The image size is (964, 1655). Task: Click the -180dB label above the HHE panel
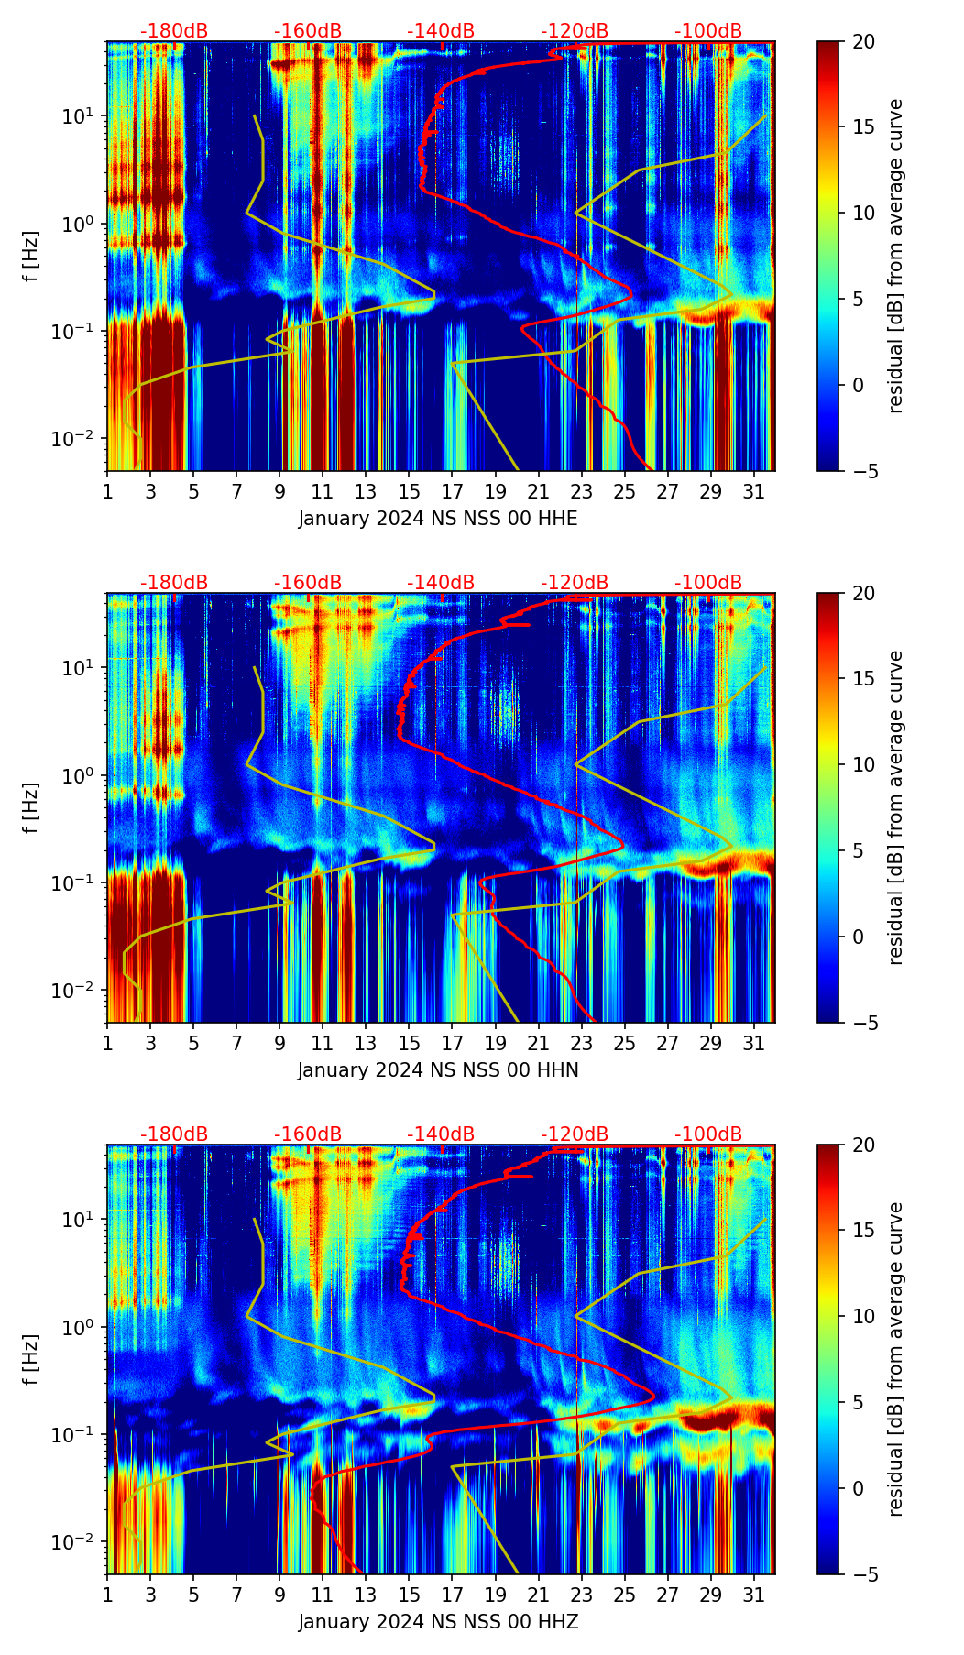(174, 31)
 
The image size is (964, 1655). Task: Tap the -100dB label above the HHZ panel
(708, 1134)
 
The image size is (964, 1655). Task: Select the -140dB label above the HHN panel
(441, 583)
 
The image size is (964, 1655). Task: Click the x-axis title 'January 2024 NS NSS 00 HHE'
(438, 519)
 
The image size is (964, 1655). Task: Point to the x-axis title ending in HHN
(438, 1070)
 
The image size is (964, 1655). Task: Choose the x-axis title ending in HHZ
(438, 1622)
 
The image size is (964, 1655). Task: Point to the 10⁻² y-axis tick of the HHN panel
(84, 991)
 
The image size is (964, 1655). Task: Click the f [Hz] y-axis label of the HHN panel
(32, 807)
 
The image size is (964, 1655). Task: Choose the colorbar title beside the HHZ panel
(895, 1359)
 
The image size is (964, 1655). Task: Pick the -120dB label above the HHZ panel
(575, 1134)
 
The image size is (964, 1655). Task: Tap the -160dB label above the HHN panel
(308, 583)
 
